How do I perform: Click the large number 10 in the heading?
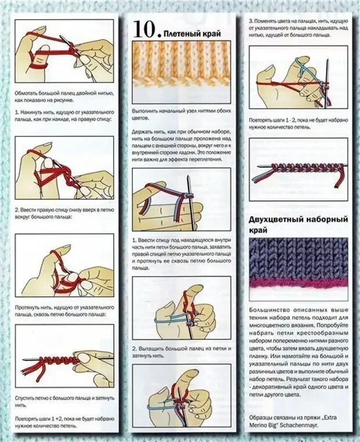[144, 28]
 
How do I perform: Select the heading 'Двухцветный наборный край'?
[298, 225]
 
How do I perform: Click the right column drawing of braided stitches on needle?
[298, 171]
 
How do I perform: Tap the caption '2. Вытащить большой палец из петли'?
[181, 351]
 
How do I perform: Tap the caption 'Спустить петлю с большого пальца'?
[64, 397]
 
